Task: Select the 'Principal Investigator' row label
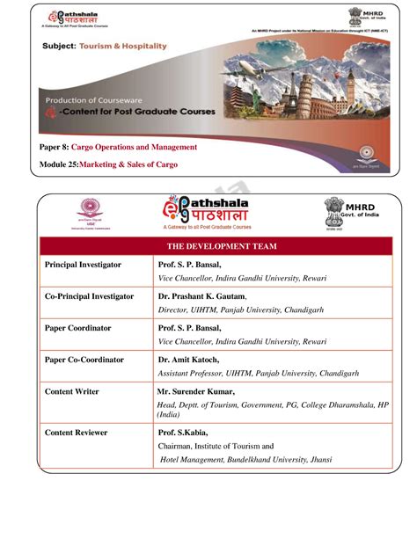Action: pos(84,264)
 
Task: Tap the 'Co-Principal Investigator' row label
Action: pos(90,296)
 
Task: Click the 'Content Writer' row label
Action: pos(72,391)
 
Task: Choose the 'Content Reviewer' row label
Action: pos(77,432)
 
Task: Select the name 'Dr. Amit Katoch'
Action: pos(188,360)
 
